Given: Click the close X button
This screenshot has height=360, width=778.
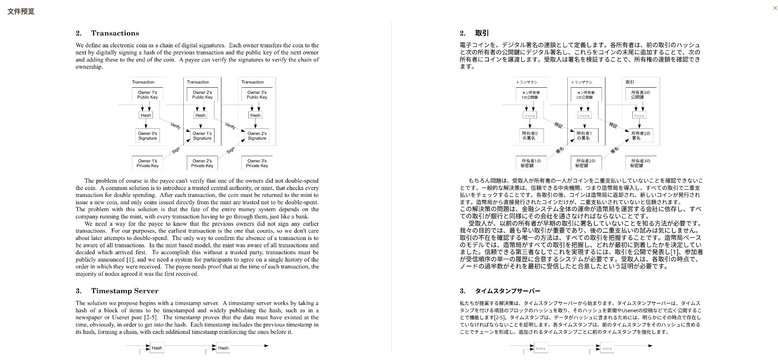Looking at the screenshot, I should [x=775, y=8].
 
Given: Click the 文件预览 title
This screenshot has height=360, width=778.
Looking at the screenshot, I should [x=21, y=12].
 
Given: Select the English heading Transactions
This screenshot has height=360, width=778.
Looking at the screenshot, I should [x=115, y=33].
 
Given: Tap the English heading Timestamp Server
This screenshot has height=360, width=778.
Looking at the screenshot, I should [x=125, y=291].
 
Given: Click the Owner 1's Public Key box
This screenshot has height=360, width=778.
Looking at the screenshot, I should [x=148, y=95].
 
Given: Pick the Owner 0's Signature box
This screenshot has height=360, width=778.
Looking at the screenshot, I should [x=148, y=136].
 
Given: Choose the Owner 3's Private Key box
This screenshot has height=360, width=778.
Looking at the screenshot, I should [x=257, y=163].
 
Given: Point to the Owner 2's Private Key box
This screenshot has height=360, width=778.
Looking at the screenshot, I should [x=202, y=163].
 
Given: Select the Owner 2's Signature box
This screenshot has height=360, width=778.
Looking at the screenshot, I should [x=257, y=136].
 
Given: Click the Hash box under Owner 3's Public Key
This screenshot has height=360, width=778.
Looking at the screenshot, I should [x=255, y=115].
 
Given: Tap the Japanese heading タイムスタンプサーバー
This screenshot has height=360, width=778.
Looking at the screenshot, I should [x=507, y=291].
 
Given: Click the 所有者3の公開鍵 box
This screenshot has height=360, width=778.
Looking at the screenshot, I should [x=640, y=95].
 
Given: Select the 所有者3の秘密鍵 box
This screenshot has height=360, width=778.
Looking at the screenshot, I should [x=640, y=163].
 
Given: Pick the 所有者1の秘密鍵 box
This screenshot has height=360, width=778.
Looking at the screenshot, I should [x=531, y=163].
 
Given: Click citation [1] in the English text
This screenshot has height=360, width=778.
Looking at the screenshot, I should [x=130, y=260].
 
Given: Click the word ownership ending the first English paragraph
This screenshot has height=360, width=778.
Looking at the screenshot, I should [x=89, y=67].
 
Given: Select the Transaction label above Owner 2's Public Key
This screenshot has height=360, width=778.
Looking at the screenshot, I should [x=198, y=82].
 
